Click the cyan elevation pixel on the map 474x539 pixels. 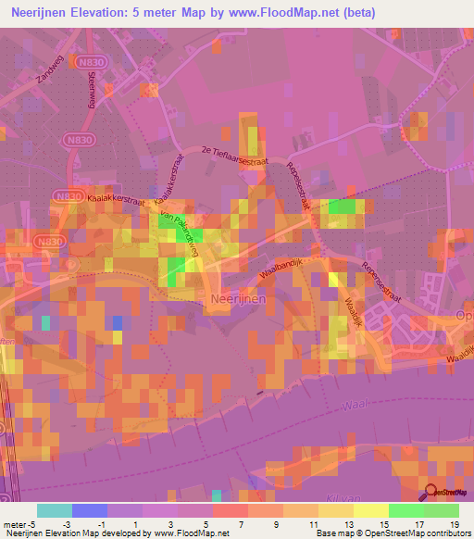(x=45, y=322)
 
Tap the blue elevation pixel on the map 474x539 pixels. (x=118, y=322)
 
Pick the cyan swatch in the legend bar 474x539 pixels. (x=55, y=510)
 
